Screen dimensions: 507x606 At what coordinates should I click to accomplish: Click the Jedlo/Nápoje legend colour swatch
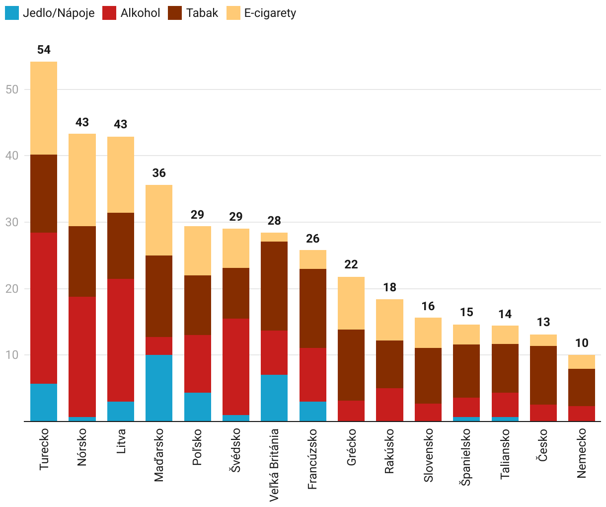12,13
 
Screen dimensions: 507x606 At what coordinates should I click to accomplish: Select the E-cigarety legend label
270,13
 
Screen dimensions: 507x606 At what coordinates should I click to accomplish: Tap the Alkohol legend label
140,13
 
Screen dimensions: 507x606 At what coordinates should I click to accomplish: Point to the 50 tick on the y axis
12,89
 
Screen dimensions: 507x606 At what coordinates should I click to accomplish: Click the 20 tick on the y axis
12,289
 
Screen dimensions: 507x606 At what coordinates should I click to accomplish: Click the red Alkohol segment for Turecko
44,308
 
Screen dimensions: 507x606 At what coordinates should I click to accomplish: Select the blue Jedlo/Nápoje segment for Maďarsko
159,388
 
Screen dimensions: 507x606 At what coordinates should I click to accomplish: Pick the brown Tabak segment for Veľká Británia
274,286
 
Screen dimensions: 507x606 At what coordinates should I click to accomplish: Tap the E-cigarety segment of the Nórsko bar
82,180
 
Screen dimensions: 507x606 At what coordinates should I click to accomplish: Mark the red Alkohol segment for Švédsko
236,367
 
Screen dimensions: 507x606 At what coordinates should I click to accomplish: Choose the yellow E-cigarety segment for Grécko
351,303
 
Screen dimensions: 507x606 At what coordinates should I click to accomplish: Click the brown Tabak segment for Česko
543,375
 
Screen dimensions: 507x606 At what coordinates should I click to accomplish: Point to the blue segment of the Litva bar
121,411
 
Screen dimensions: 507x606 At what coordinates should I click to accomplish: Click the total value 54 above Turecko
44,50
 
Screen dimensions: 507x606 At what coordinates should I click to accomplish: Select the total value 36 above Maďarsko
159,173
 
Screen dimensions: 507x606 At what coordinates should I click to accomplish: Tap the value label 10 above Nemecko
582,343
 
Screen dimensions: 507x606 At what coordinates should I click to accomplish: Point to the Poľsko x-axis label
198,447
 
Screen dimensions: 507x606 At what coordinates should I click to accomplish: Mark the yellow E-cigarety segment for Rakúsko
389,320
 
